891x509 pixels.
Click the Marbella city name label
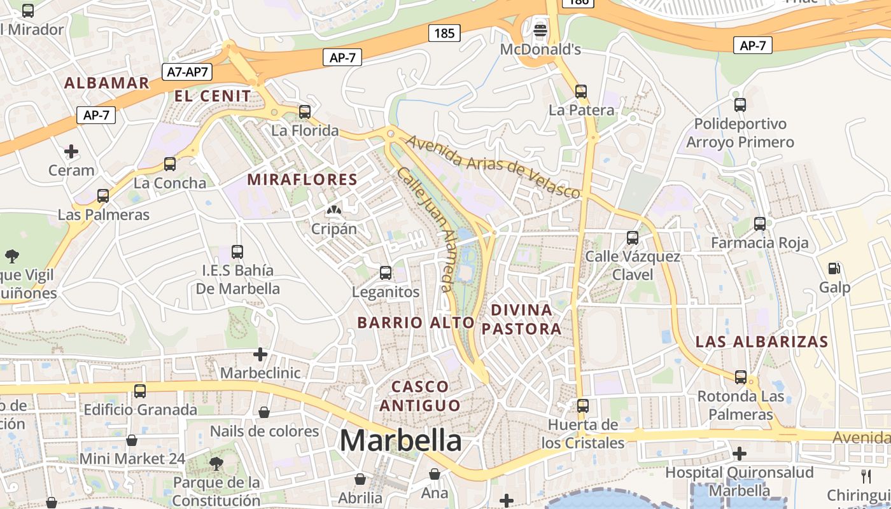400,440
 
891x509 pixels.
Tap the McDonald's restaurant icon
540,30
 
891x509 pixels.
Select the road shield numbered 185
444,32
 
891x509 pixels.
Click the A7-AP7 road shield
187,71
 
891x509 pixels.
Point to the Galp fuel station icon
834,269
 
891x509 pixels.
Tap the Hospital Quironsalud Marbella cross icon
739,454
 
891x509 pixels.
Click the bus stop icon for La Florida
305,112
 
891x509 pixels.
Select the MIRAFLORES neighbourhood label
302,179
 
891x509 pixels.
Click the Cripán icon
333,209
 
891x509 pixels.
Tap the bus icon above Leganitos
386,273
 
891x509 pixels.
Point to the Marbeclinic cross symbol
260,354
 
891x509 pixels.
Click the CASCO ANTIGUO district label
419,396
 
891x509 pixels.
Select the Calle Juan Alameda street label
425,229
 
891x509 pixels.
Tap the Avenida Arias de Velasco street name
493,166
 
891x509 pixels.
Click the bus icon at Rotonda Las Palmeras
741,377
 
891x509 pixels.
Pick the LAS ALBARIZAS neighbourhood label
762,342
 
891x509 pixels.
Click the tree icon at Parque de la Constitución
216,463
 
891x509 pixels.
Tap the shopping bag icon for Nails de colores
264,412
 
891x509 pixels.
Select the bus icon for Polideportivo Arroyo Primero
740,105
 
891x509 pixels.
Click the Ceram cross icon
71,151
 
